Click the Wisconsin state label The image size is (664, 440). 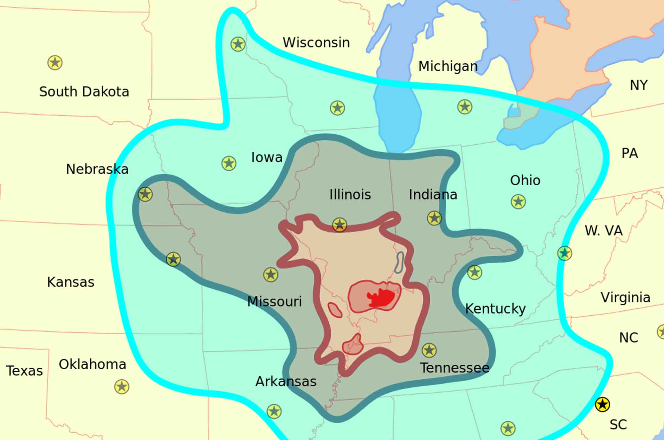pos(316,43)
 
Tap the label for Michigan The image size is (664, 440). pos(448,66)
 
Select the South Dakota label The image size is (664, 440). pos(84,92)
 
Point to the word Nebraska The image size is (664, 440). pos(97,169)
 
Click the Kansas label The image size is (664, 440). pos(71,282)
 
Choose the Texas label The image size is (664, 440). pos(25,371)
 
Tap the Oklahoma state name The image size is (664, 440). pos(92,364)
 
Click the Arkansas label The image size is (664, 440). pos(286,382)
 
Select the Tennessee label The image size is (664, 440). pos(455,368)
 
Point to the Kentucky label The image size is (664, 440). pos(495,309)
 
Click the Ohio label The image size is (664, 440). pos(525,180)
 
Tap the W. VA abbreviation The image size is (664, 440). pos(604,231)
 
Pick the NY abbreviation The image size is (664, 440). pos(638,86)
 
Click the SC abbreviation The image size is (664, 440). pos(618,425)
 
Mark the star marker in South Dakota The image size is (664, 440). pos(55,63)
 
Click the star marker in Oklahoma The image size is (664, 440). pos(122,387)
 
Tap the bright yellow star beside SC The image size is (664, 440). pos(602,405)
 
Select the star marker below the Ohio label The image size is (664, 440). pos(518,202)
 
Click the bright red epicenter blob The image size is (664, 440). pos(382,297)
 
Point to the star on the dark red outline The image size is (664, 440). pos(339,225)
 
